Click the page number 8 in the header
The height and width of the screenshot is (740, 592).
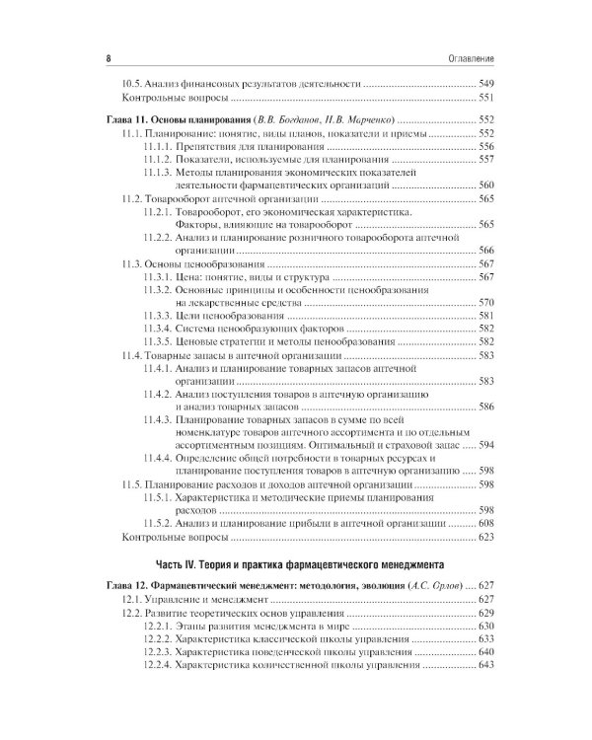tap(107, 59)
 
